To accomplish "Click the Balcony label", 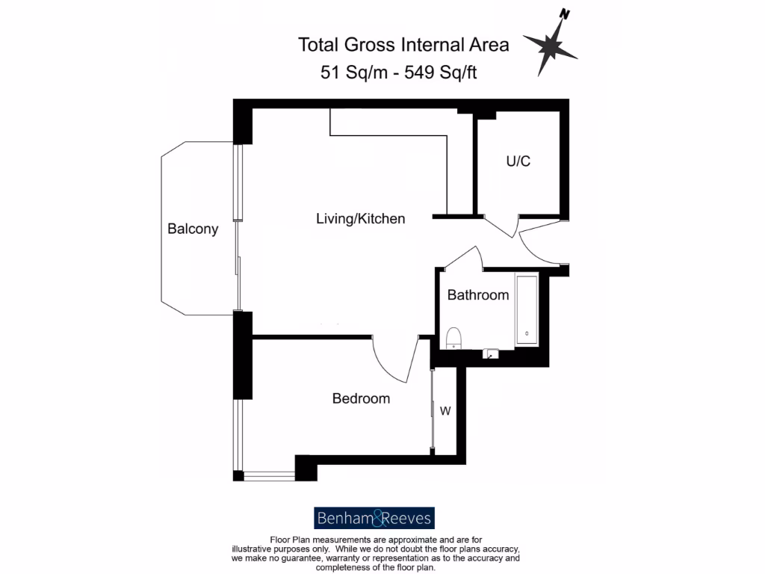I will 193,229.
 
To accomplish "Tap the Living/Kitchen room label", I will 360,219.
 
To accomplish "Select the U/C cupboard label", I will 518,161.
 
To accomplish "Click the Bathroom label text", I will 478,295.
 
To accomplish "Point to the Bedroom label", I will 361,399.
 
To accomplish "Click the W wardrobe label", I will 445,411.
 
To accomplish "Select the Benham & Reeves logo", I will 374,518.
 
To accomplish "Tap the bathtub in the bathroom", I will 527,310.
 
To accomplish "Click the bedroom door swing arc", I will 394,362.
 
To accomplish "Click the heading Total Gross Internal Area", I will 403,45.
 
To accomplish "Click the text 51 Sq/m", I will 350,72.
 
